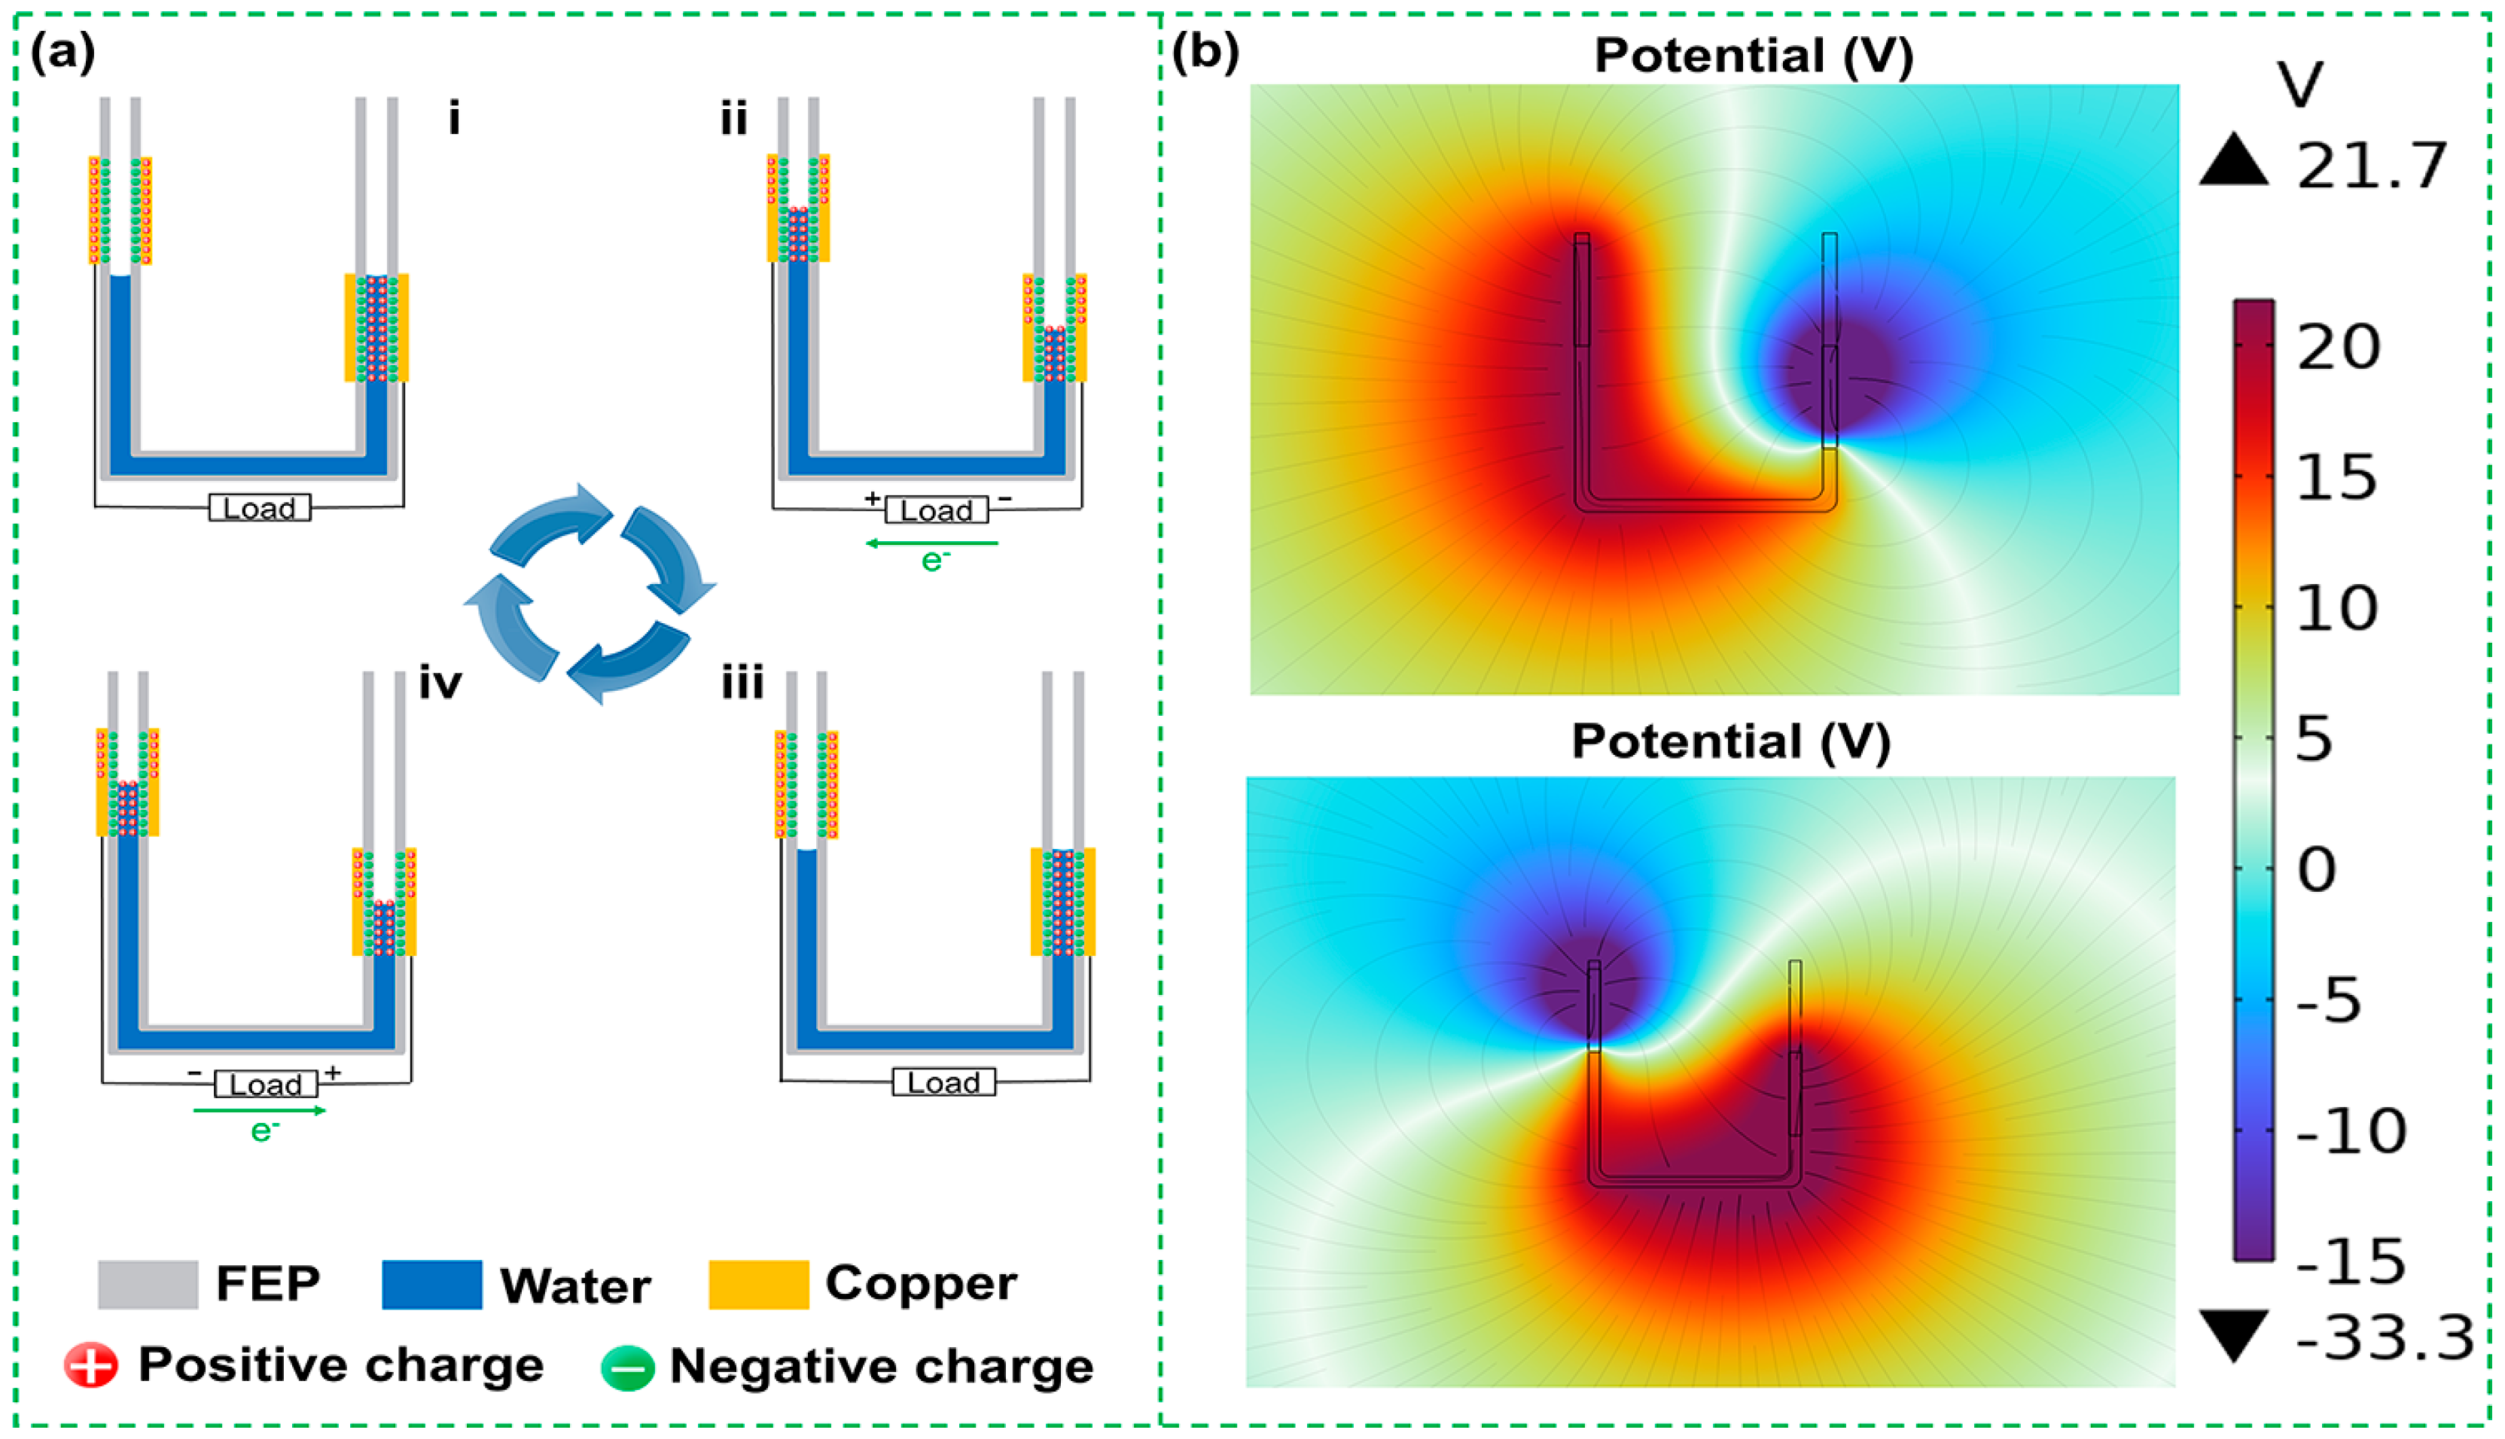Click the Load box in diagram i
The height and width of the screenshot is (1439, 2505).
coord(259,508)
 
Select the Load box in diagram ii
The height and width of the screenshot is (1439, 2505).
coord(935,510)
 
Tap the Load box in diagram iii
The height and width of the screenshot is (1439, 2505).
coord(943,1082)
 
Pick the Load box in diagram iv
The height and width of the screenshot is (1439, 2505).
coord(266,1085)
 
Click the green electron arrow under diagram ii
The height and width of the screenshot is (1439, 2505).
coord(932,543)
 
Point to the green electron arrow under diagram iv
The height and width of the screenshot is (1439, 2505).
coord(260,1111)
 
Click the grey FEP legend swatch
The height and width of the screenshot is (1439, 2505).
coord(148,1285)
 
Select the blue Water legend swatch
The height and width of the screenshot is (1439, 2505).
coord(432,1285)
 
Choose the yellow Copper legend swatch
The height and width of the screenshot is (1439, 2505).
coord(758,1285)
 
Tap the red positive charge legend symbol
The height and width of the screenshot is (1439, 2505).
coord(91,1366)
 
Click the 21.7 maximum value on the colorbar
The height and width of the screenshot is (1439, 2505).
coord(2370,166)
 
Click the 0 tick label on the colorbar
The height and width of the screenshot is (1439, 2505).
coord(2316,870)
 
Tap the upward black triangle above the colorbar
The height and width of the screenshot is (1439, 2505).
coord(2233,161)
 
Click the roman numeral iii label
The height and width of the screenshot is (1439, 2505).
coord(742,683)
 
